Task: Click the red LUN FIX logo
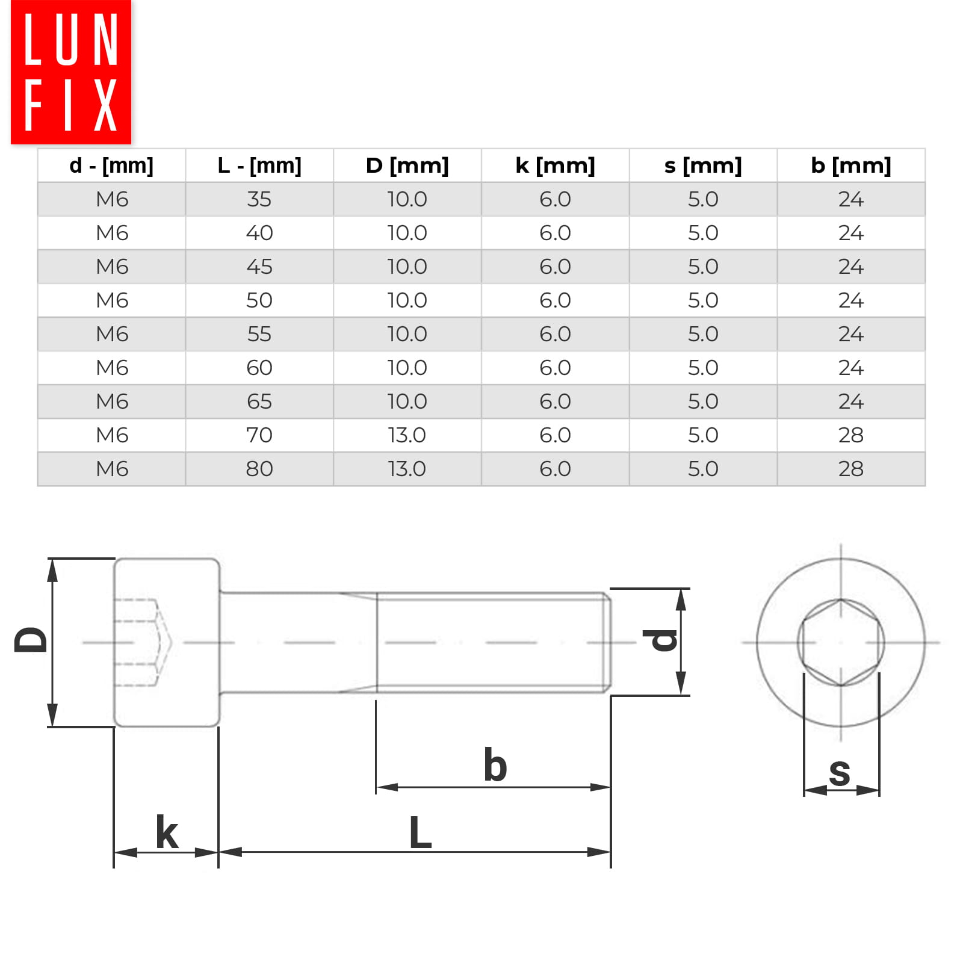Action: click(71, 72)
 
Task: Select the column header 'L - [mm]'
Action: click(259, 166)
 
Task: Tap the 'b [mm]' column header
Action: click(851, 166)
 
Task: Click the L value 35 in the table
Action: click(259, 199)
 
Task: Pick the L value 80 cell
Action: click(259, 469)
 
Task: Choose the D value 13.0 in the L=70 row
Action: click(407, 435)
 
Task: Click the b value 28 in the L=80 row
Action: click(851, 469)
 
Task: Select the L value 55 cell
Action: click(259, 334)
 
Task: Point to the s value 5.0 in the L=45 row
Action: click(703, 267)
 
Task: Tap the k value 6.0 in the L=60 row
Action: click(555, 368)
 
